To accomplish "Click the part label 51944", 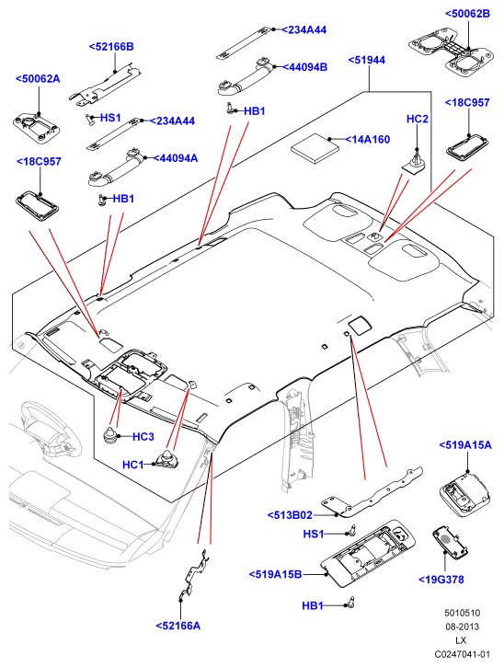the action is (367, 60).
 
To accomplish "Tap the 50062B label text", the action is (467, 14).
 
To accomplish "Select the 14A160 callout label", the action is (368, 139).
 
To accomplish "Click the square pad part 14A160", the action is (315, 148).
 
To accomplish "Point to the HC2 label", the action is (418, 119).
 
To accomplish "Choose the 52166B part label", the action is (111, 46).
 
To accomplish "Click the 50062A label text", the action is (38, 79).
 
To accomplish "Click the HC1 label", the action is (133, 465).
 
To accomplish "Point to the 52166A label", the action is (178, 626).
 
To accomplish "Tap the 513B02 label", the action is (290, 515).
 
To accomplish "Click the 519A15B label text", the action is (275, 574).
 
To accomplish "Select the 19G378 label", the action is (441, 580).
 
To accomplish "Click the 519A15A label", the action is (465, 445).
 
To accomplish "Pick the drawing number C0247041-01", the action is (463, 654).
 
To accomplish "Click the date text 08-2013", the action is (463, 627).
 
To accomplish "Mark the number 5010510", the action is (463, 613).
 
